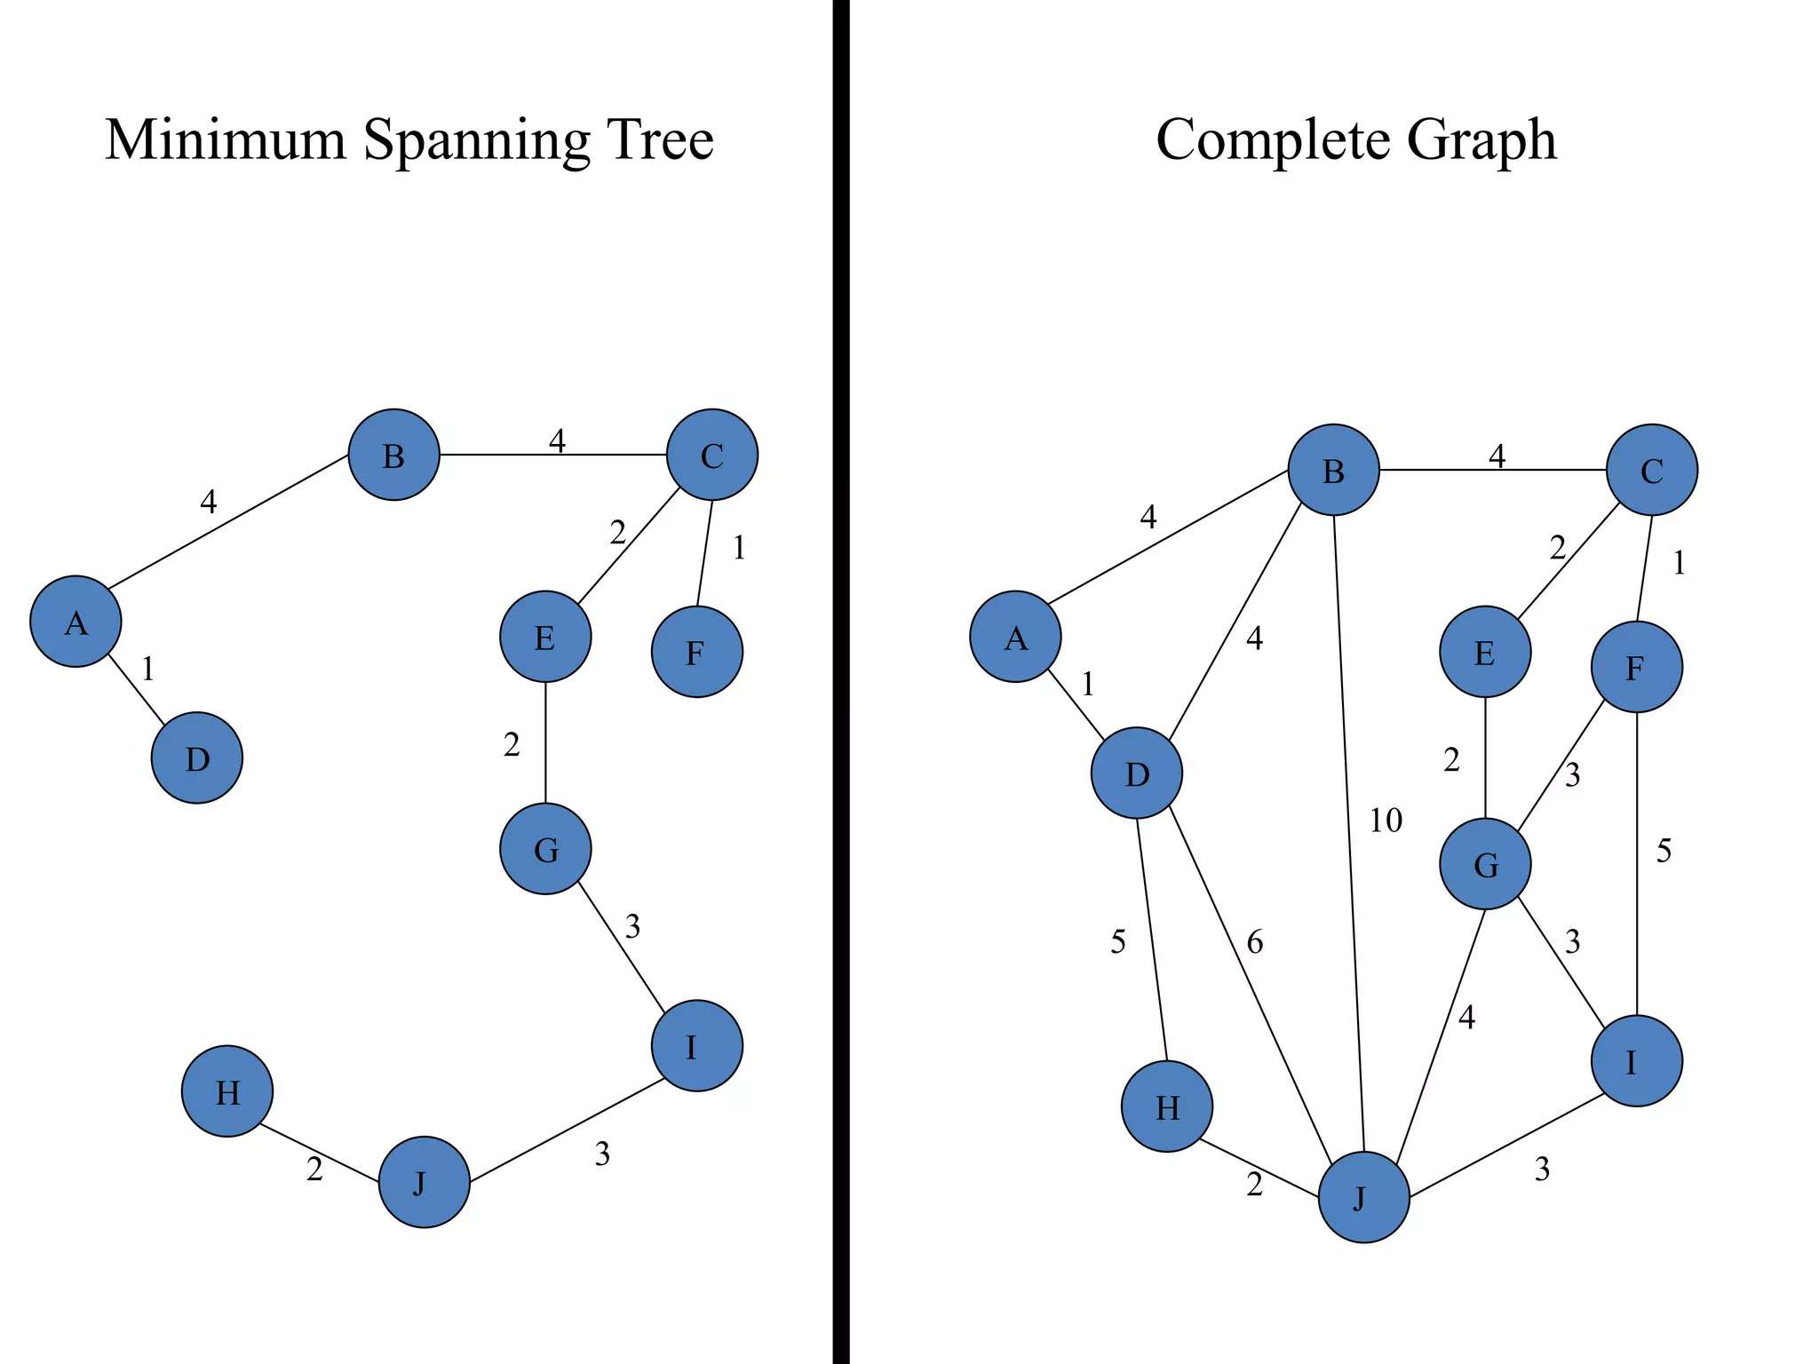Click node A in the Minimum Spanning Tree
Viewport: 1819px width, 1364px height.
coord(75,622)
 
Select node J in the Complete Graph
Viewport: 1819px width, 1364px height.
coord(1363,1196)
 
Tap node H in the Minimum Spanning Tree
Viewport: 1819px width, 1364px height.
coord(227,1090)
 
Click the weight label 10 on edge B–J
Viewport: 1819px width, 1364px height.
coord(1385,821)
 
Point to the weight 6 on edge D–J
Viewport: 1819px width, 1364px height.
coord(1254,942)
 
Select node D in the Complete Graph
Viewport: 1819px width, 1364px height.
coord(1137,773)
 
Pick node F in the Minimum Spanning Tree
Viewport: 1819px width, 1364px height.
coord(696,652)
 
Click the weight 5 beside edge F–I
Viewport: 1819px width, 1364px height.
coord(1664,852)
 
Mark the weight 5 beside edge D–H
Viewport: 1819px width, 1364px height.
coord(1117,942)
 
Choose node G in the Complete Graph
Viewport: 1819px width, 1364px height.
coord(1485,863)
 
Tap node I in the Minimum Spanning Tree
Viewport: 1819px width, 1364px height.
coord(696,1046)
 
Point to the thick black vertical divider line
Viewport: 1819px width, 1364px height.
coord(840,682)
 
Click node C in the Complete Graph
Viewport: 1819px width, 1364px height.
coord(1651,470)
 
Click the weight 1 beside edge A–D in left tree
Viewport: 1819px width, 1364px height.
coord(148,669)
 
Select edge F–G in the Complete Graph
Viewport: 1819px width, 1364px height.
coord(1561,765)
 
